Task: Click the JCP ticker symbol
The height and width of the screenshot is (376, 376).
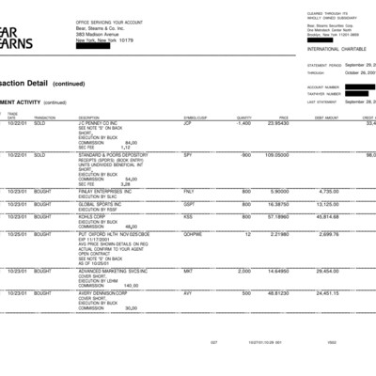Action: point(187,123)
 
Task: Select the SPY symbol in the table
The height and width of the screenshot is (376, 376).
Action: point(187,154)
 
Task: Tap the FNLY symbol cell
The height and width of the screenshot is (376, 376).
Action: point(188,191)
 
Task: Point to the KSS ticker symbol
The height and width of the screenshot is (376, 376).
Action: point(188,216)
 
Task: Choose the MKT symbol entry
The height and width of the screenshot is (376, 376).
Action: point(187,271)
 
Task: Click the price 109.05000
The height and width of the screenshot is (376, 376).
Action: point(276,154)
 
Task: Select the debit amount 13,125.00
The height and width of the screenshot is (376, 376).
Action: point(327,203)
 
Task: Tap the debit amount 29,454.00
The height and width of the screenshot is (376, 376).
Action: point(327,271)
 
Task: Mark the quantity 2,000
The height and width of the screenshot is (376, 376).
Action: point(243,271)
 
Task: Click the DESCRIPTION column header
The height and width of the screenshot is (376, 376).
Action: point(89,117)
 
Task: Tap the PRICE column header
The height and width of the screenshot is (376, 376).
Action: point(281,117)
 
